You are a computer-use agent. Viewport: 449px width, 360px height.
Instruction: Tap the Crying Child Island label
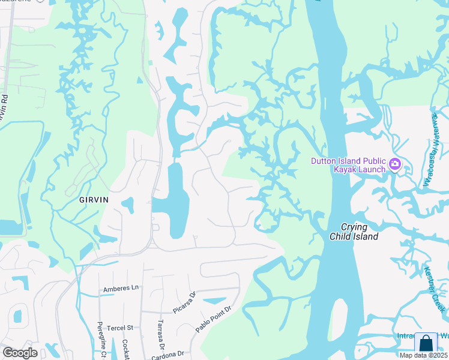click(354, 232)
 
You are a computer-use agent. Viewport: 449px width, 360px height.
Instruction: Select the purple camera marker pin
click(395, 164)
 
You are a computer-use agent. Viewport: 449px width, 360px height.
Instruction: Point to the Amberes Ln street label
click(121, 288)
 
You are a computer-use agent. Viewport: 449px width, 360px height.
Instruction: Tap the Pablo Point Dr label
click(212, 320)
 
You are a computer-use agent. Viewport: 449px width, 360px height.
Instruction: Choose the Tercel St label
click(121, 328)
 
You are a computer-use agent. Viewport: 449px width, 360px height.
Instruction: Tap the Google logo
click(20, 353)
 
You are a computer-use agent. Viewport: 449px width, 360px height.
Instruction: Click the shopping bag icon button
click(426, 343)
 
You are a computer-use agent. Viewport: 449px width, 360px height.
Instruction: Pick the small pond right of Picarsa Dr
click(214, 301)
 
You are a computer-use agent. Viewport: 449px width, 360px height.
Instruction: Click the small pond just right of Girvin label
click(127, 205)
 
